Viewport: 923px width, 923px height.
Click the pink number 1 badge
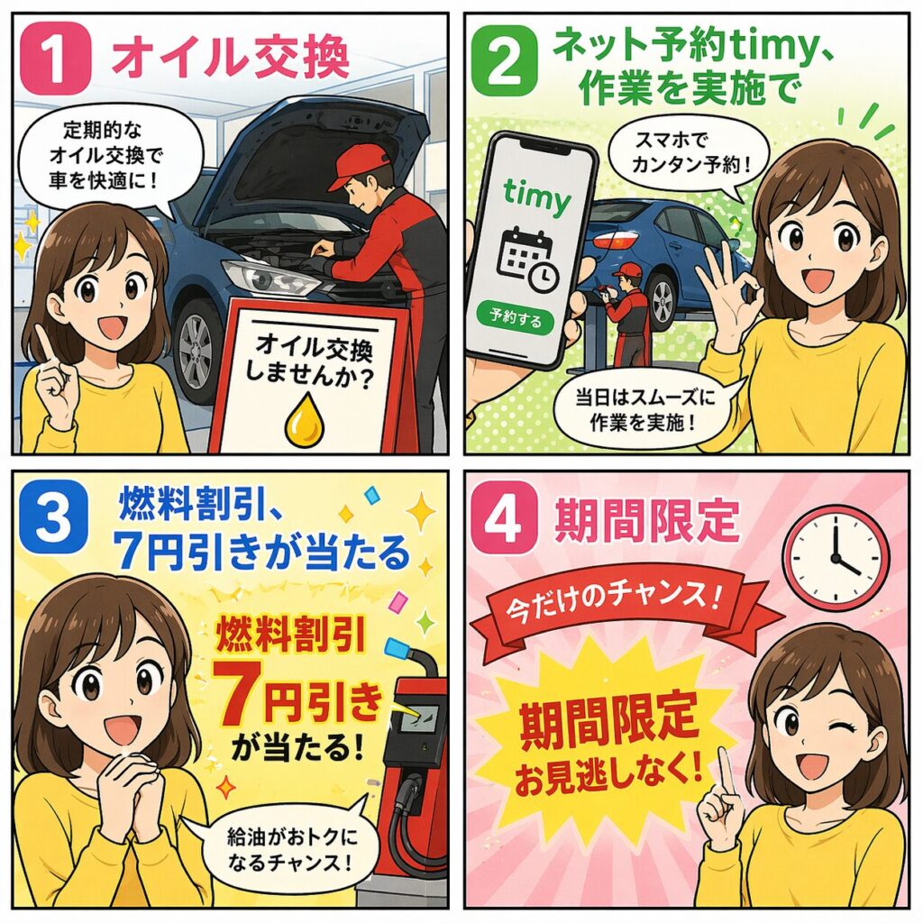tap(55, 59)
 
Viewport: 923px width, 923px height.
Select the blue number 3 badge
tap(53, 518)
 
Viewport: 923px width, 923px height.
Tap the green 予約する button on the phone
tap(515, 318)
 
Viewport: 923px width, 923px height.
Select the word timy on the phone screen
tap(537, 195)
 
